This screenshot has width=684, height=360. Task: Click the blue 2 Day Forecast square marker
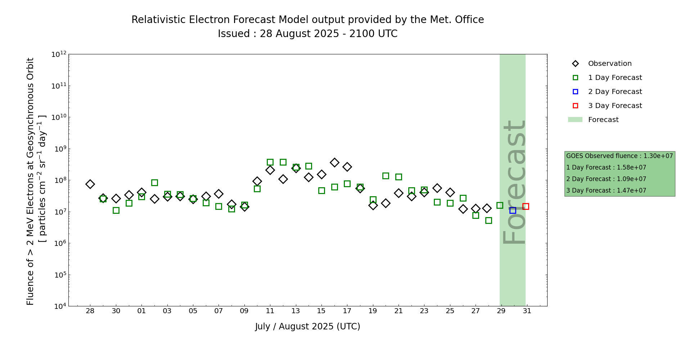[513, 210]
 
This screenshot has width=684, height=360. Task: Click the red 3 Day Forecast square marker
[526, 206]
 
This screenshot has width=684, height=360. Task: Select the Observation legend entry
[609, 63]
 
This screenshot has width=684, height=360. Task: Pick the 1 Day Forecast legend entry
[615, 77]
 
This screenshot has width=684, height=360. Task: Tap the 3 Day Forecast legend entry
[615, 105]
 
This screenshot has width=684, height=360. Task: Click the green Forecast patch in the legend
[575, 120]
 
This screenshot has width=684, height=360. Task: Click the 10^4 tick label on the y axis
[59, 306]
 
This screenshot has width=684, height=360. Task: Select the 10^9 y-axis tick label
[59, 149]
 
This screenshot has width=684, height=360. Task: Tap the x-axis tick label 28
[90, 311]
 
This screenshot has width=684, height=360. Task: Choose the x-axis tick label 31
[527, 311]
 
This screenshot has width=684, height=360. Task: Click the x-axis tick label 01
[141, 311]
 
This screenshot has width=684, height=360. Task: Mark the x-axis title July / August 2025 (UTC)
[307, 327]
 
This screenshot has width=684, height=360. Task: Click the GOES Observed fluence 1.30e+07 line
[619, 156]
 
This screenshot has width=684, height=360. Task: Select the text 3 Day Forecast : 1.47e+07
[606, 190]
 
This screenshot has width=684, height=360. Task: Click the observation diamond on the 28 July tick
[90, 184]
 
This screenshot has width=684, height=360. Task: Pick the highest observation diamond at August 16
[334, 162]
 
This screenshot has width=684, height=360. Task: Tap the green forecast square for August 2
[154, 183]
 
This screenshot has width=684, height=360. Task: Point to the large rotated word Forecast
[514, 183]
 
